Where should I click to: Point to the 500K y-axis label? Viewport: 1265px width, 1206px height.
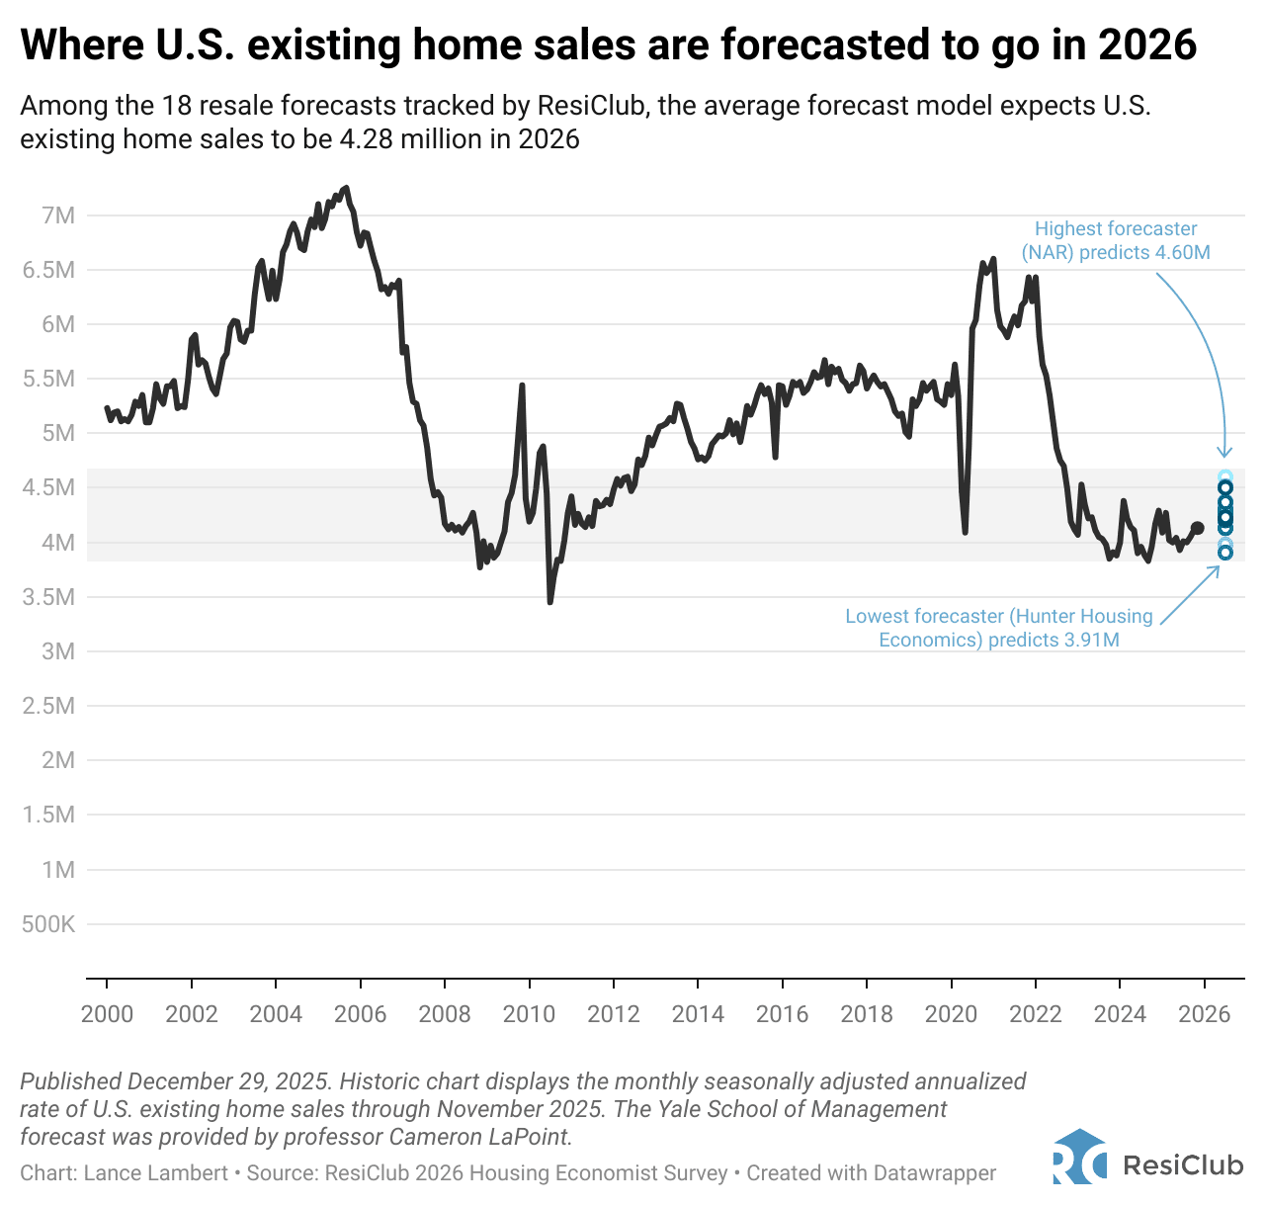[x=48, y=925]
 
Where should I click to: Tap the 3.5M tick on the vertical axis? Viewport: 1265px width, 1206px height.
[x=48, y=597]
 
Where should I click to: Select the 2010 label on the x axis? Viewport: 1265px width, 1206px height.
[x=529, y=1014]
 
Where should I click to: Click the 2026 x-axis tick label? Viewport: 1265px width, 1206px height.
[x=1205, y=1014]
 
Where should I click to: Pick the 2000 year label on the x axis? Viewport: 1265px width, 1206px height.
[x=107, y=1014]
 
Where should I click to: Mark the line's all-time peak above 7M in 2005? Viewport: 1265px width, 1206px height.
[x=345, y=187]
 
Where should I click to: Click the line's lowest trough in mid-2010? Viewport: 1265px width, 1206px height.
[x=549, y=602]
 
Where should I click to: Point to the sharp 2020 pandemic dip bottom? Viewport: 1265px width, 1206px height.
[x=965, y=533]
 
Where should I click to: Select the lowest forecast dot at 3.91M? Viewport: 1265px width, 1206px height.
[x=1225, y=553]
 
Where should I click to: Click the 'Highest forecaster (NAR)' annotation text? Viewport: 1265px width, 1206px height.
[x=1116, y=240]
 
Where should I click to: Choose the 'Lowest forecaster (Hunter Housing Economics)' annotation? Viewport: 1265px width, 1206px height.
[x=999, y=628]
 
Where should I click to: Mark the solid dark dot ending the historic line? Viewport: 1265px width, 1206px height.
[x=1198, y=528]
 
